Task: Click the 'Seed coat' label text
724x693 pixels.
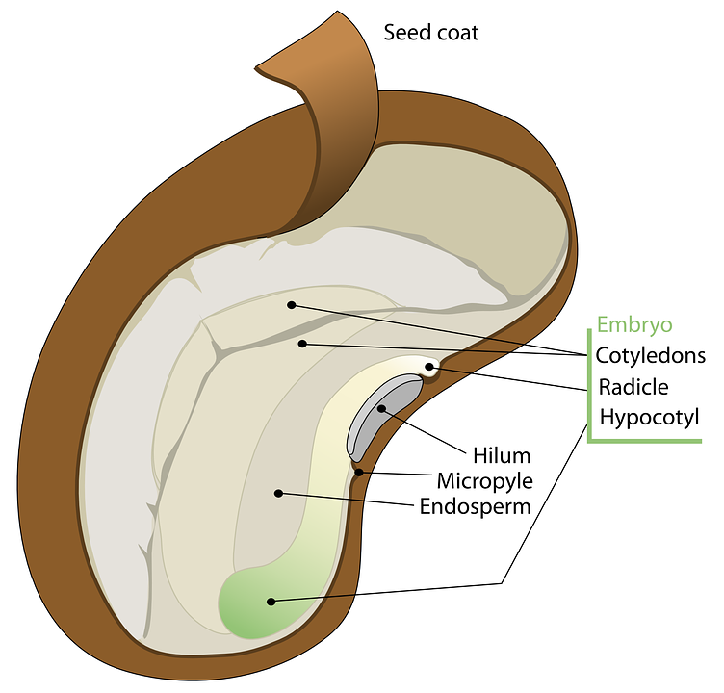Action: click(430, 33)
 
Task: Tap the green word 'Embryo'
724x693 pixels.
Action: click(634, 324)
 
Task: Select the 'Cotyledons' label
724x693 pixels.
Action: click(650, 355)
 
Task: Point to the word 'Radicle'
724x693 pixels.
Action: click(633, 387)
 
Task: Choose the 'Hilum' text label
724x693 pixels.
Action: click(502, 454)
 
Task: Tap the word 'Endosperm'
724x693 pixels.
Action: click(476, 505)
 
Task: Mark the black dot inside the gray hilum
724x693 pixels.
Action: click(381, 409)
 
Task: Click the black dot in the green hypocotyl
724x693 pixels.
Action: click(271, 602)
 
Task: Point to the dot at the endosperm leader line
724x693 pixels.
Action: click(278, 493)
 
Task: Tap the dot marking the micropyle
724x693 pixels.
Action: click(358, 472)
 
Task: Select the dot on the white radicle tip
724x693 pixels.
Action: click(429, 367)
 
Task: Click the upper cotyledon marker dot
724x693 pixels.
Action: click(291, 305)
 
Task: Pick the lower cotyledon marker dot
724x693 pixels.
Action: click(302, 343)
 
